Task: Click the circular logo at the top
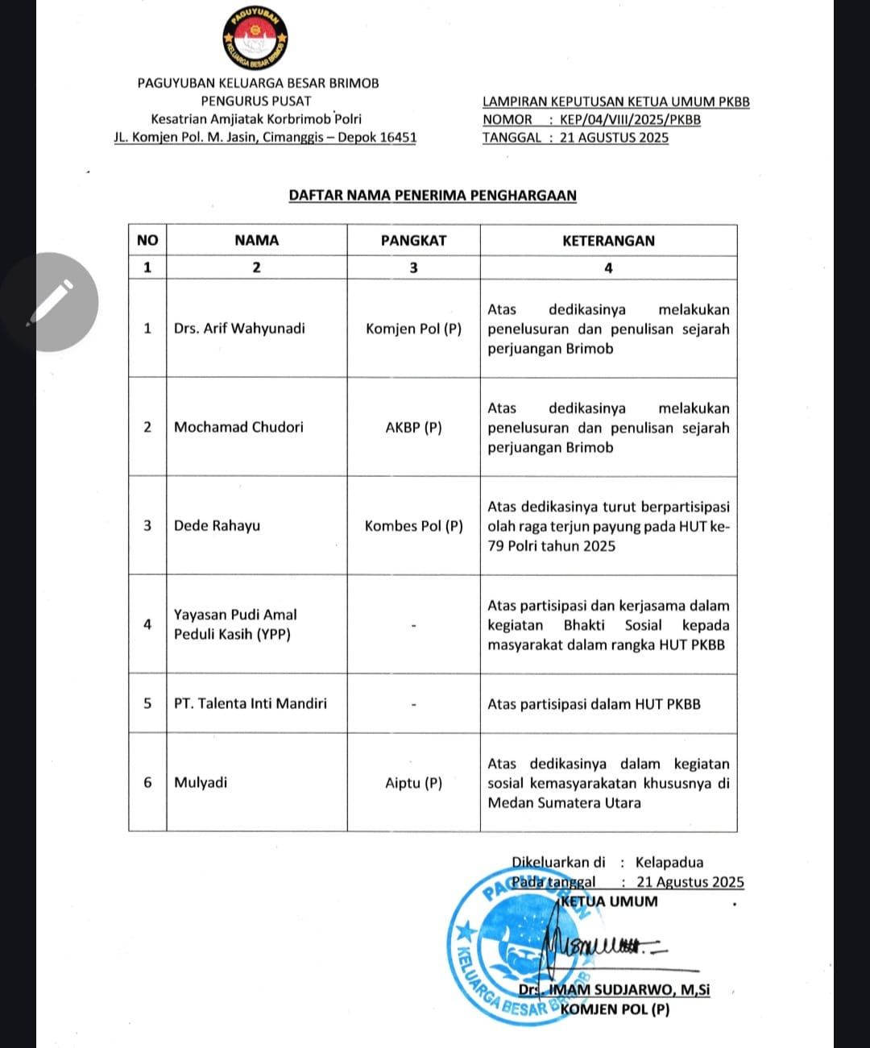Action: coord(255,39)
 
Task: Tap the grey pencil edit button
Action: coord(50,302)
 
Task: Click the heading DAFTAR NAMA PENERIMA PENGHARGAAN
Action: coord(433,195)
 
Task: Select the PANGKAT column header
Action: coord(413,240)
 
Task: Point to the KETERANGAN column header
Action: coord(608,240)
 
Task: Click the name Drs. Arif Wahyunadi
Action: coord(239,328)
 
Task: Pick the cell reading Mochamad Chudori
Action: coord(238,427)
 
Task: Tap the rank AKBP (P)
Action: coord(413,427)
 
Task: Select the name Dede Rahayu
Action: coord(217,525)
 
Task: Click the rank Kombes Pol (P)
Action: coord(413,525)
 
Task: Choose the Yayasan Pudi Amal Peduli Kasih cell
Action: coord(235,624)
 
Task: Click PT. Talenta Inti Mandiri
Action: coord(251,703)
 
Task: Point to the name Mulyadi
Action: coord(201,782)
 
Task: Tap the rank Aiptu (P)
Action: coord(413,782)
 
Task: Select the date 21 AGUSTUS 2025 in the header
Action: coord(614,138)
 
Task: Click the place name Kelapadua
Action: coord(669,862)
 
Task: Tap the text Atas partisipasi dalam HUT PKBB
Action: coord(594,703)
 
